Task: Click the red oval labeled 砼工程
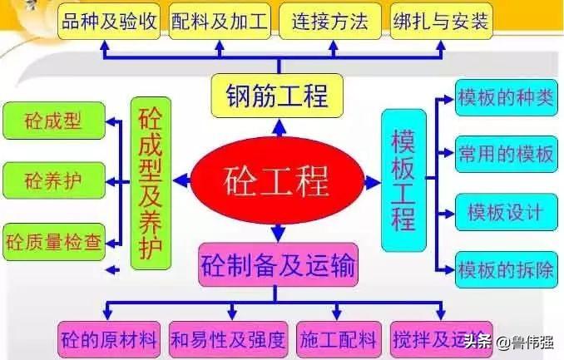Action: pyautogui.click(x=277, y=180)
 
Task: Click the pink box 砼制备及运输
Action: pyautogui.click(x=277, y=266)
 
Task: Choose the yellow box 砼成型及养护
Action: pyautogui.click(x=150, y=180)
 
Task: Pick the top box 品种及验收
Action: pyautogui.click(x=108, y=22)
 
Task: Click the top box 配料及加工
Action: pyautogui.click(x=220, y=22)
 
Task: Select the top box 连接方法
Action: pyautogui.click(x=329, y=22)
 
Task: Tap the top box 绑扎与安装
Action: pyautogui.click(x=441, y=22)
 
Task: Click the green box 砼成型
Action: pyautogui.click(x=52, y=121)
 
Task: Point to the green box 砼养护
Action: pyautogui.click(x=52, y=180)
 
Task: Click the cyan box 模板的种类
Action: pyautogui.click(x=505, y=98)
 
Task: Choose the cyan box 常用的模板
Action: pyautogui.click(x=505, y=153)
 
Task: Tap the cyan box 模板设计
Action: pyautogui.click(x=505, y=211)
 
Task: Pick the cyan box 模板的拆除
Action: pyautogui.click(x=505, y=268)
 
